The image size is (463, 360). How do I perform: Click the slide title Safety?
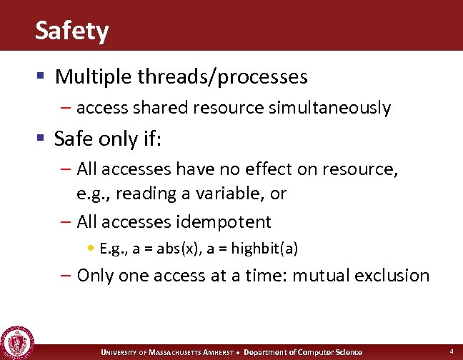[x=71, y=31]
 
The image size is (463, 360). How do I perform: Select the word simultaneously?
[x=329, y=108]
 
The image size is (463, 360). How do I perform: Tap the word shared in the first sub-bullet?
[x=149, y=108]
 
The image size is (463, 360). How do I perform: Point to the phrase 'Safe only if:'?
[x=108, y=139]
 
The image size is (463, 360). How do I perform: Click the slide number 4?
[x=452, y=351]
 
